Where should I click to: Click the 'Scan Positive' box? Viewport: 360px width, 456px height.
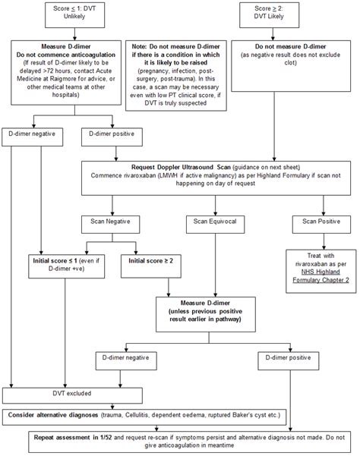[317, 222]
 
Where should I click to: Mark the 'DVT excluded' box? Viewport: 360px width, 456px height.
[54, 395]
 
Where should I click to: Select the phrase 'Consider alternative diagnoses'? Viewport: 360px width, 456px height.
[57, 415]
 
